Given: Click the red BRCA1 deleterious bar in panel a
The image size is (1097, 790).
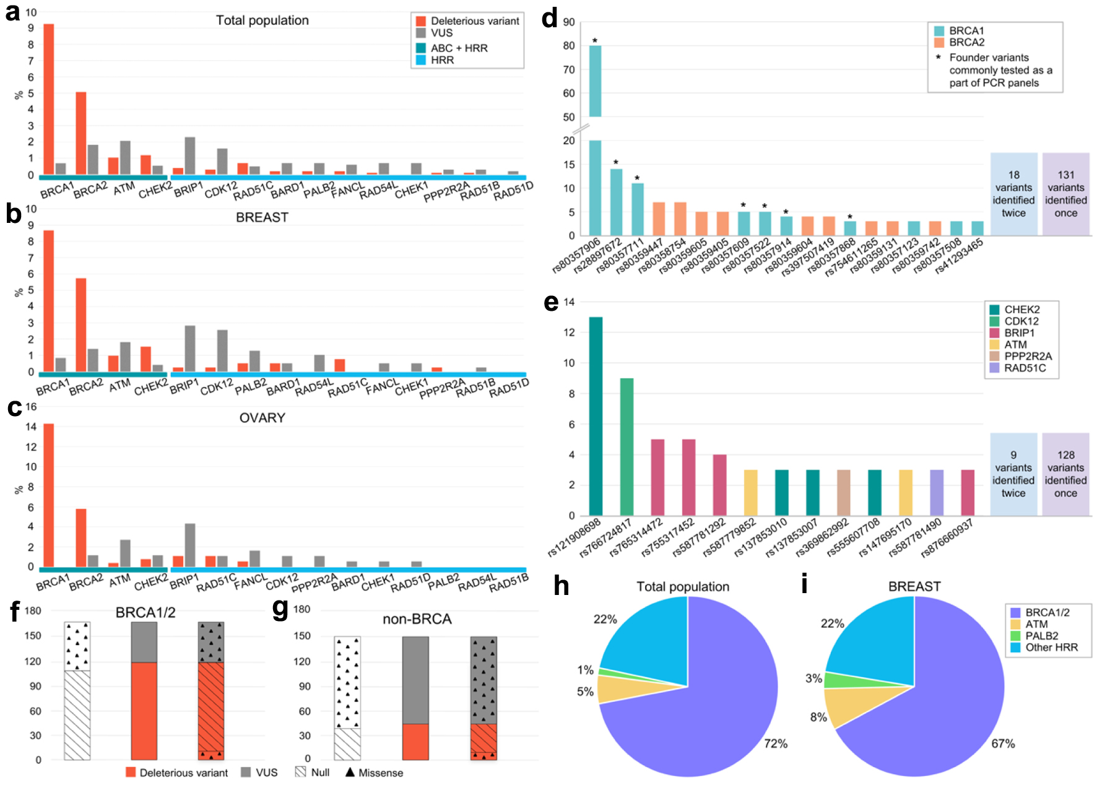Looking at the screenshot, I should pos(48,99).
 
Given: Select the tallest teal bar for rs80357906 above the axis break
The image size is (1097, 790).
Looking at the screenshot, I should pos(595,80).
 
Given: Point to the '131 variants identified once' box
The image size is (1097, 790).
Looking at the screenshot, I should pos(1065,194).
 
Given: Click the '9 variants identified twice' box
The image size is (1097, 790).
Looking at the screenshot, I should pos(1013,474).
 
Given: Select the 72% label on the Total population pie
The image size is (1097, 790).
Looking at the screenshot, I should pos(775,744).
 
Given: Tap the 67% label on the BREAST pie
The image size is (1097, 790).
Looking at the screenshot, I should pos(1003,744).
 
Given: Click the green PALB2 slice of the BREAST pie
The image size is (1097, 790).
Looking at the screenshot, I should pos(839,680).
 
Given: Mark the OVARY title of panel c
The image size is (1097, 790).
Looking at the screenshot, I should pos(262,418).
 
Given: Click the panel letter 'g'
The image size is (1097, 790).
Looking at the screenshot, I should pos(280,608).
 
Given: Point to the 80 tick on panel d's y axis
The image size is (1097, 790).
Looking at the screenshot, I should pos(568,46).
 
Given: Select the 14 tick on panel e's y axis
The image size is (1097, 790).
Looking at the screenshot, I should pos(569,302).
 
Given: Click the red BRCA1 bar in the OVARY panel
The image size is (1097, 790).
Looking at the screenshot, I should pos(48,495).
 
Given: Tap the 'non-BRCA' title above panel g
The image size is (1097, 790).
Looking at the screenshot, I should pos(417,619).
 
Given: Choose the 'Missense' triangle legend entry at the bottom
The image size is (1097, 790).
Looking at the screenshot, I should pos(374,773).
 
